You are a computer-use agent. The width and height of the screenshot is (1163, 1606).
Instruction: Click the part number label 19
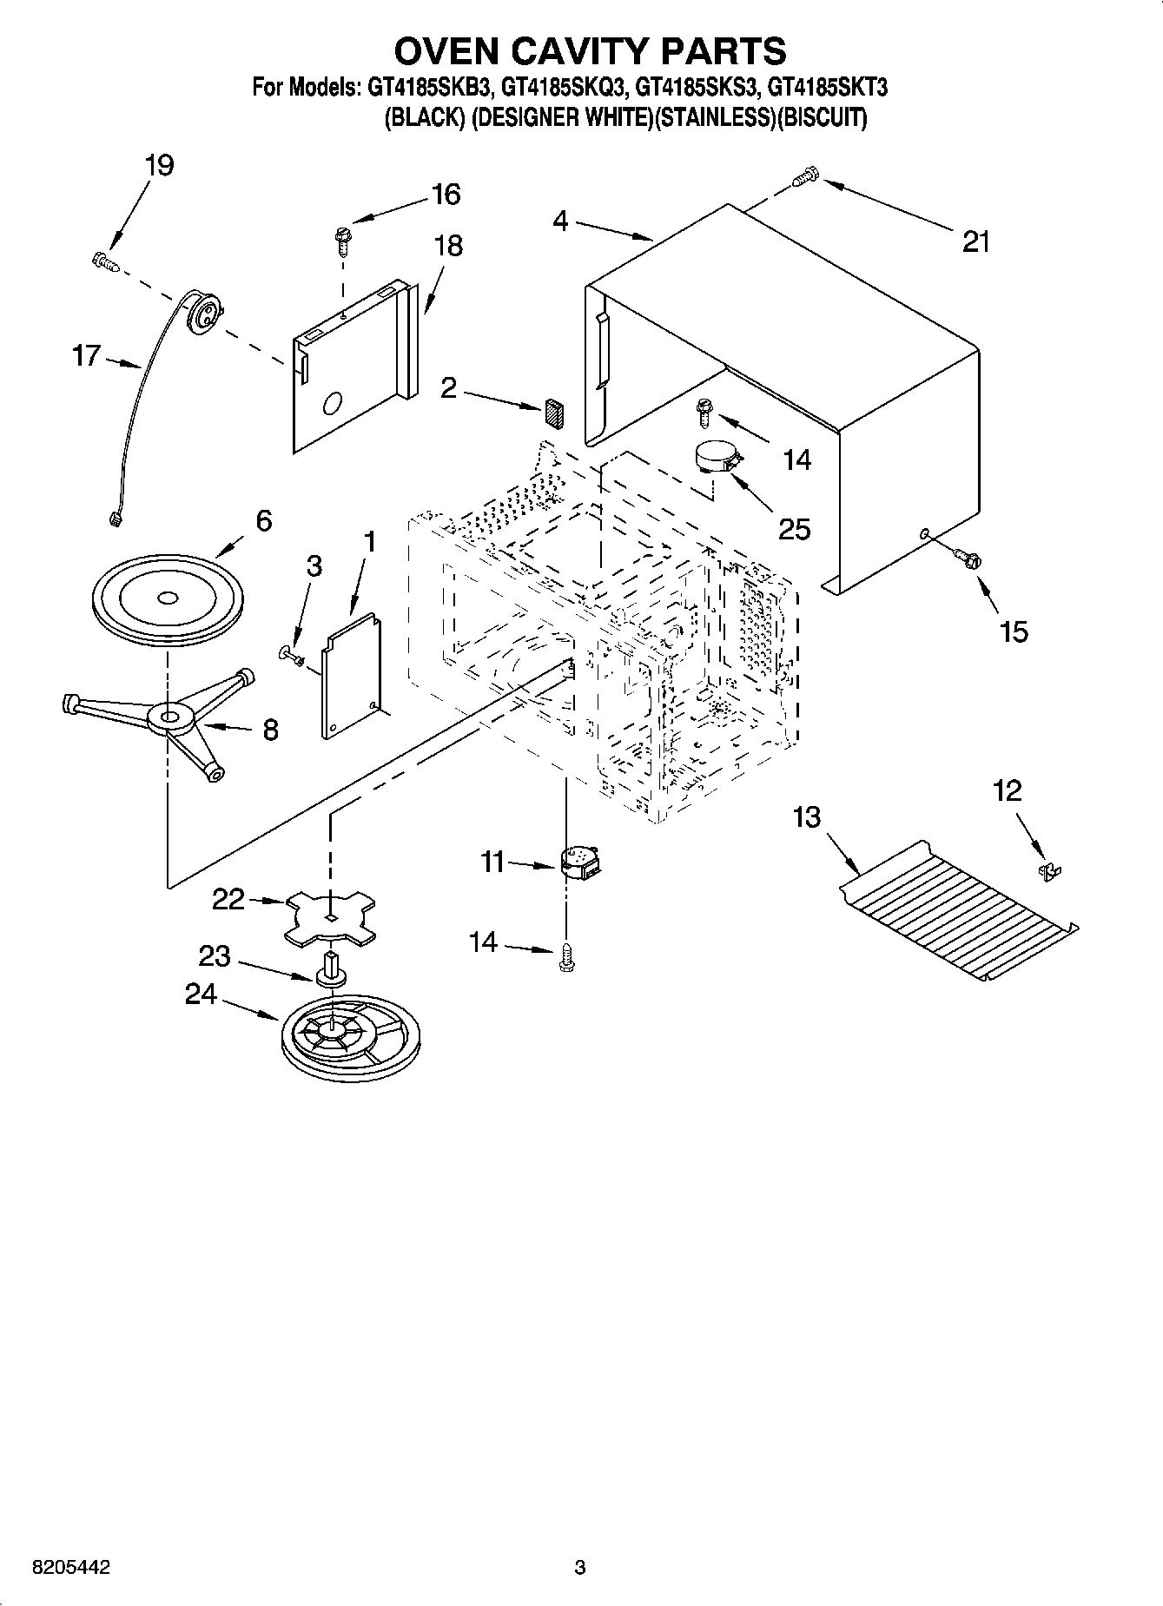[x=159, y=165]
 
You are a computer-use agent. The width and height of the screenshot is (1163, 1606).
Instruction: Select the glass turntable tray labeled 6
[x=166, y=600]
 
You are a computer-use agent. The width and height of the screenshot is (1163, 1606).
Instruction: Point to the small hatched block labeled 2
[x=554, y=412]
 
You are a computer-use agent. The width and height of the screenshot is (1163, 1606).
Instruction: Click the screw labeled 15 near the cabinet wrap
[x=967, y=558]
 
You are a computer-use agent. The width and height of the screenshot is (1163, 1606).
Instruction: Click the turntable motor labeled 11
[x=580, y=862]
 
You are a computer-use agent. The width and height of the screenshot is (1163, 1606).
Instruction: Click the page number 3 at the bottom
[x=580, y=1568]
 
